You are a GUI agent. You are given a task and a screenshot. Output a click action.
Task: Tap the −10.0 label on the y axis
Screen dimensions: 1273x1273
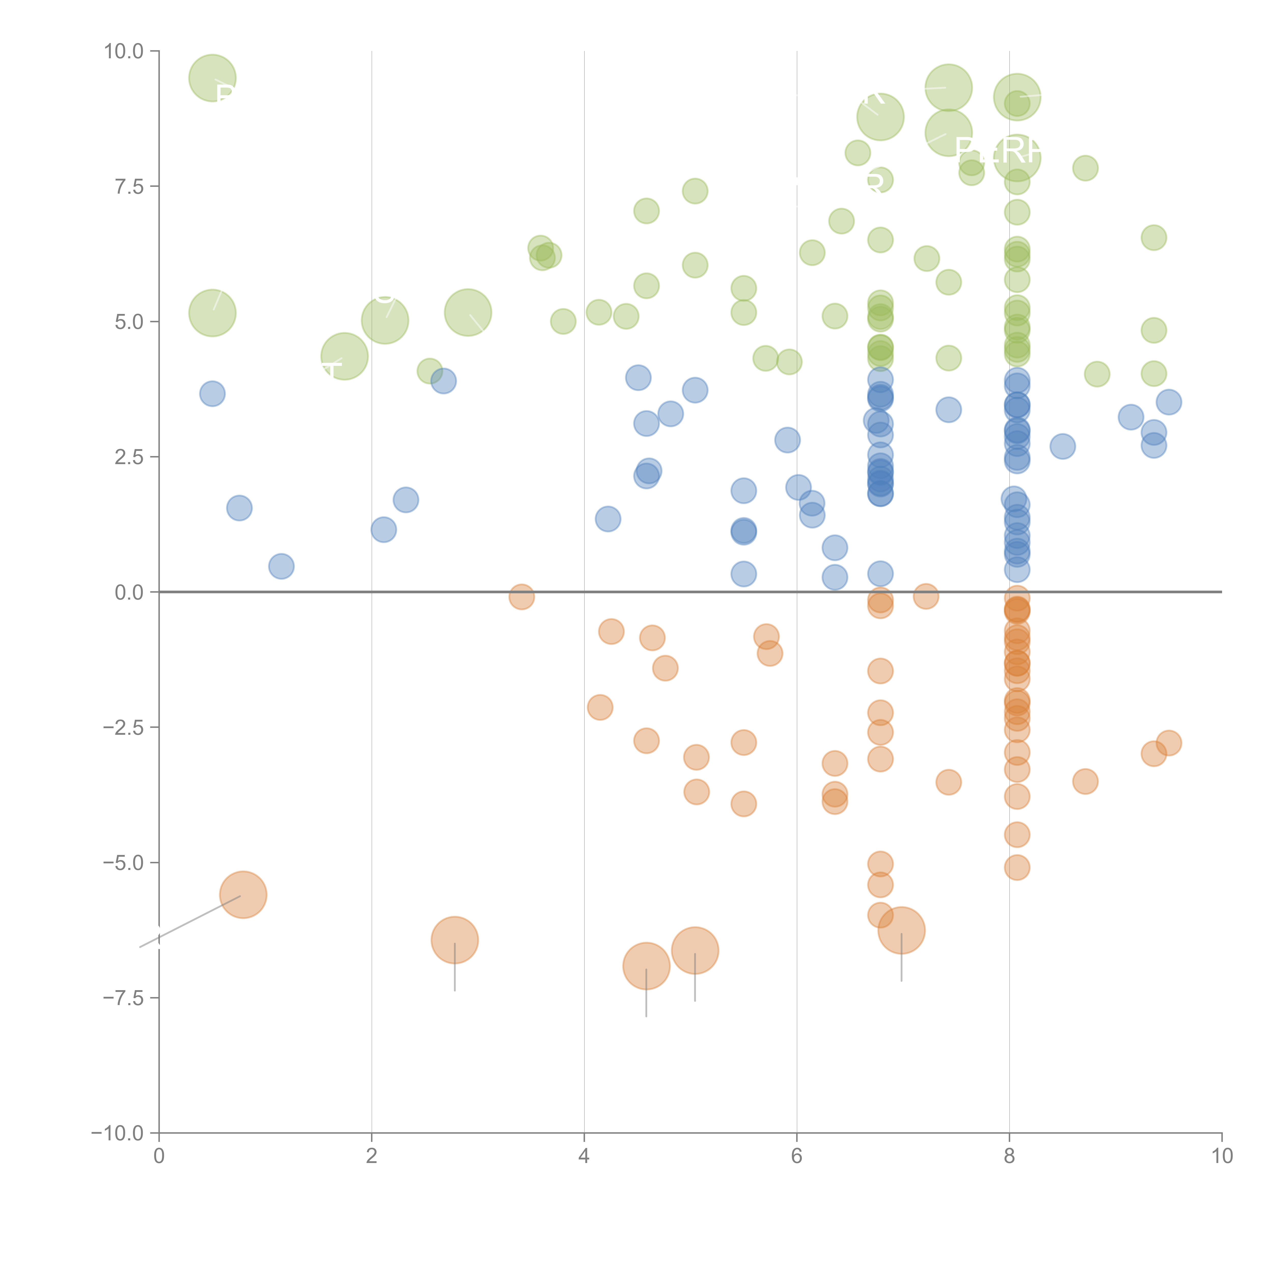pos(117,1133)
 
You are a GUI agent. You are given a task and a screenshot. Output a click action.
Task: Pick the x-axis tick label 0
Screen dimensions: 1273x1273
pos(159,1156)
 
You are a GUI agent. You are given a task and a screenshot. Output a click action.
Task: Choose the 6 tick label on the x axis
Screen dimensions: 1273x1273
pos(797,1156)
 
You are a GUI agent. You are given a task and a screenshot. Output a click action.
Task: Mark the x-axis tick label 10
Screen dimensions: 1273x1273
pos(1222,1156)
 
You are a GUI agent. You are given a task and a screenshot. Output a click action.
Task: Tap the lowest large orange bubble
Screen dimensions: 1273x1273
pos(646,966)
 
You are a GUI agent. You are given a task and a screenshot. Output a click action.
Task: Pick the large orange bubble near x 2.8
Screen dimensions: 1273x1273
pos(455,939)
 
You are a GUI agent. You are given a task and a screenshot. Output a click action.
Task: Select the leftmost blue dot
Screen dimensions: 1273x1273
pos(212,394)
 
